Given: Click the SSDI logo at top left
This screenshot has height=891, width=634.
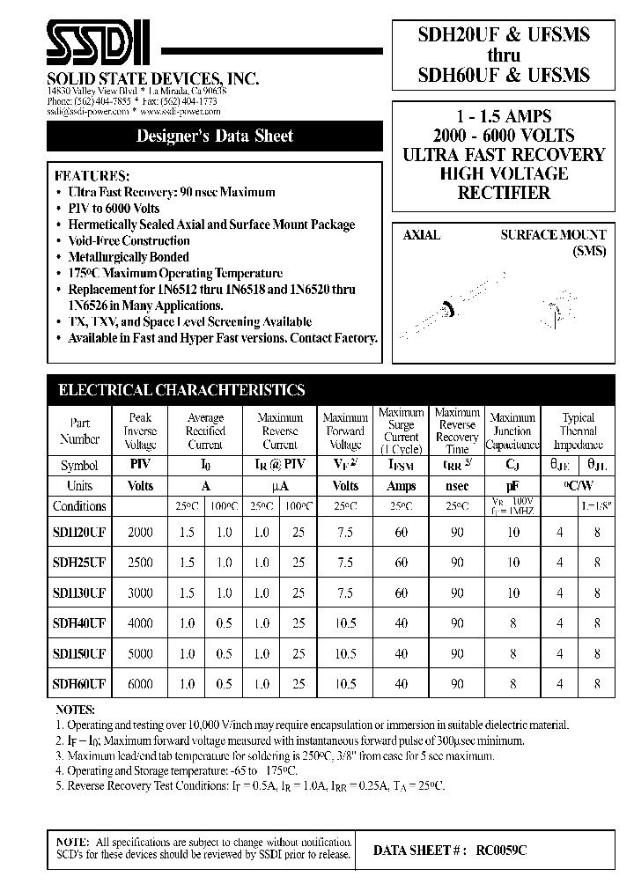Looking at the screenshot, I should tap(100, 43).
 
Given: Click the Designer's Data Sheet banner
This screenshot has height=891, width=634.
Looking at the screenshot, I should tap(215, 136).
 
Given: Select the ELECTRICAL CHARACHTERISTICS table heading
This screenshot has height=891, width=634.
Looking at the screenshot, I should tap(181, 390).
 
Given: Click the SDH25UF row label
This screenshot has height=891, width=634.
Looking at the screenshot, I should tap(80, 563).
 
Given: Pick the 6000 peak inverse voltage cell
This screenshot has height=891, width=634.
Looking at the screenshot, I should tap(140, 684).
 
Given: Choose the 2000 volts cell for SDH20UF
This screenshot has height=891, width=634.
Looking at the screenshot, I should tap(140, 532).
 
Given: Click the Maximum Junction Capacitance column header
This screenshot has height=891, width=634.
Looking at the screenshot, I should tap(512, 431).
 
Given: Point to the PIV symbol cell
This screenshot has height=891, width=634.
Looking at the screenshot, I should tap(140, 465).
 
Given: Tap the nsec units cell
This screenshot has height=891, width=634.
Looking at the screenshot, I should tap(457, 486).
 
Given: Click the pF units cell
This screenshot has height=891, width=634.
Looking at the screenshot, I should tap(512, 486).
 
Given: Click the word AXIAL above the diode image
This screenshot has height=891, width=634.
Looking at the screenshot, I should tap(422, 236).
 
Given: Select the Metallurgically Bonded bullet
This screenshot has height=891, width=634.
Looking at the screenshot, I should tap(129, 257).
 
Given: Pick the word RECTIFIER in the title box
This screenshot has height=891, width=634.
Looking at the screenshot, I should tap(504, 193).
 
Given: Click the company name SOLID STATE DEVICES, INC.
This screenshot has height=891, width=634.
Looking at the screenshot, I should tap(152, 79).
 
